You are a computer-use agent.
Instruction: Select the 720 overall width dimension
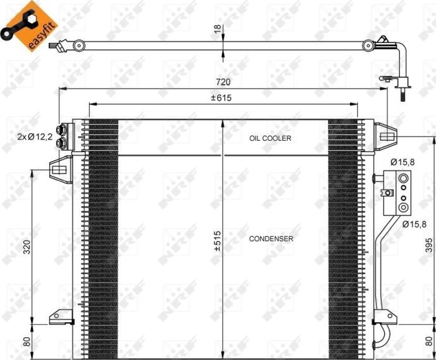(223, 82)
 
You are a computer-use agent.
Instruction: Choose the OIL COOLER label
(270, 138)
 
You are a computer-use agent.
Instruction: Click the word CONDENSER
(270, 239)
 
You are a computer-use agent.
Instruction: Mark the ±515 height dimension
(217, 241)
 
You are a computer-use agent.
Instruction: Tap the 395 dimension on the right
(428, 246)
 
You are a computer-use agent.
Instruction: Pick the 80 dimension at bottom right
(428, 342)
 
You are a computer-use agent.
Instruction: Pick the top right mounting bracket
(385, 135)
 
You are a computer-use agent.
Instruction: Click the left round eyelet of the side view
(78, 45)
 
